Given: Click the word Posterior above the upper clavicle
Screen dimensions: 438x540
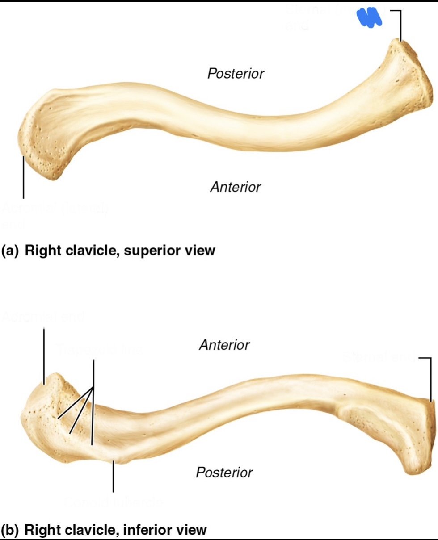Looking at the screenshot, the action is point(236,74).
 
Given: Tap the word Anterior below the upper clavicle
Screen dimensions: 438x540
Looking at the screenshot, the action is point(236,187).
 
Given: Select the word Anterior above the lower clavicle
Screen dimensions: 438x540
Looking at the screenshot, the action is point(224,345).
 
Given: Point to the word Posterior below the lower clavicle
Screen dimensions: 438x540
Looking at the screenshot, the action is point(224,472).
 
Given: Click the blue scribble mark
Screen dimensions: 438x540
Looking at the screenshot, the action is point(369,18).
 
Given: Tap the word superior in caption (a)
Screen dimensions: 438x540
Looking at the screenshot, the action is point(148,251).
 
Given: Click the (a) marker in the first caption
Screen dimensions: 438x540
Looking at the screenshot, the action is point(10,251).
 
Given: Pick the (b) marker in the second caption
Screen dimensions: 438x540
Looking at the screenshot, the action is point(10,530).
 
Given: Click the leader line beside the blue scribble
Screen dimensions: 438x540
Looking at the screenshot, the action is point(400,25).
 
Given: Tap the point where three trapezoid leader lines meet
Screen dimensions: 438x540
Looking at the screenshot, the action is point(93,387).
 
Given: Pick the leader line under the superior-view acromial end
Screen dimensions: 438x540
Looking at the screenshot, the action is point(23,179).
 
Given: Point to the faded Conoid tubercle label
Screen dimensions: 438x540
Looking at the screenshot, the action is point(114,503).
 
